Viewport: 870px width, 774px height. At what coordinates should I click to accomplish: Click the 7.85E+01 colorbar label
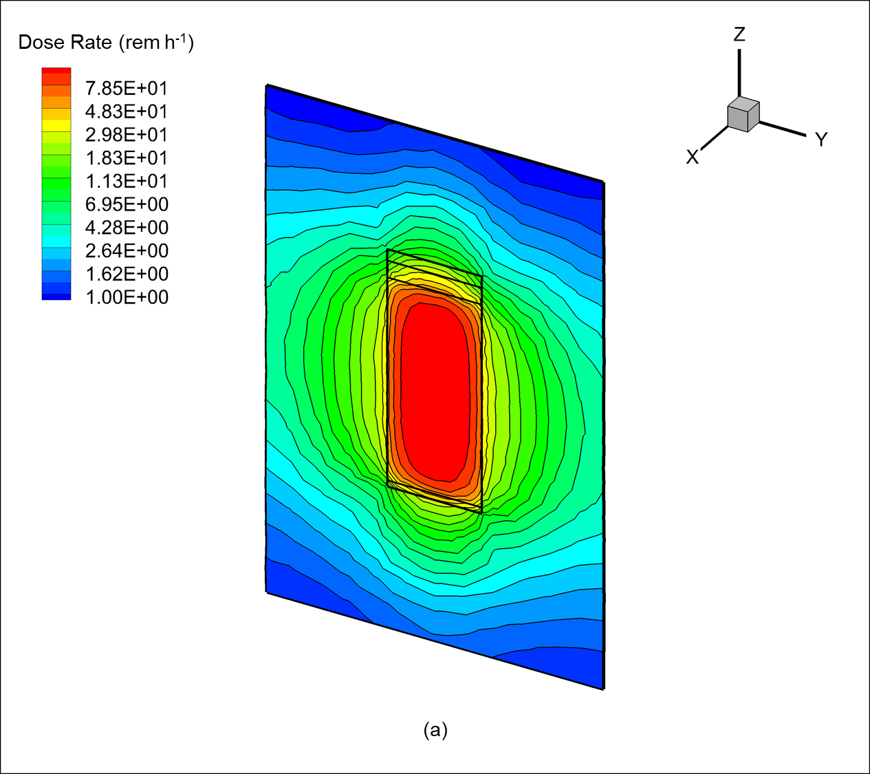pyautogui.click(x=127, y=89)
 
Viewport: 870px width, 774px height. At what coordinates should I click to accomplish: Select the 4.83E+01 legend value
pyautogui.click(x=127, y=111)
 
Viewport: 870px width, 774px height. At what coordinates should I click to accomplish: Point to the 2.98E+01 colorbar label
pyautogui.click(x=127, y=135)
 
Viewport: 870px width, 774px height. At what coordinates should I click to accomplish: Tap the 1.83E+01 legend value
pyautogui.click(x=127, y=158)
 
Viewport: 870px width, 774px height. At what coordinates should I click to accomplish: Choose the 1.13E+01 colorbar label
pyautogui.click(x=127, y=181)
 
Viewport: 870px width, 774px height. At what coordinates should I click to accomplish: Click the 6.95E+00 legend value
pyautogui.click(x=127, y=204)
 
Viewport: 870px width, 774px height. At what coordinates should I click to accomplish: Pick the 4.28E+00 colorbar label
pyautogui.click(x=127, y=228)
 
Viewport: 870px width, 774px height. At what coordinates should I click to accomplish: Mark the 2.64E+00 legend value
pyautogui.click(x=127, y=251)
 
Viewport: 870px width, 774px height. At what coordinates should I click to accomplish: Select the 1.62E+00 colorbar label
pyautogui.click(x=127, y=274)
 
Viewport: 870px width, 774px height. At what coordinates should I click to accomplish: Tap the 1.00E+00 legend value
pyautogui.click(x=127, y=297)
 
